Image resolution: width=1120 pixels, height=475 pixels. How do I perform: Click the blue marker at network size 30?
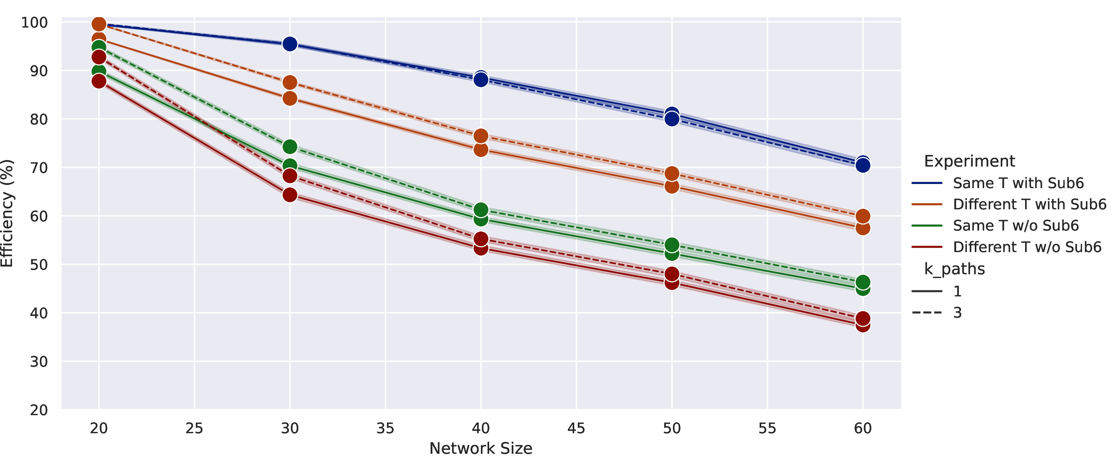tap(289, 44)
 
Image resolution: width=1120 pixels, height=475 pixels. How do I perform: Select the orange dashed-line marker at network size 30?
tap(289, 82)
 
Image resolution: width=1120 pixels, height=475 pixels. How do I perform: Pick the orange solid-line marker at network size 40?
tap(481, 150)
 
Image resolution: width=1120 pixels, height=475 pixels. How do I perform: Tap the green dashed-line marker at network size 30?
tap(289, 147)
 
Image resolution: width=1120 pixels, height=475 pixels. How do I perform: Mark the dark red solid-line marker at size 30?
tap(289, 194)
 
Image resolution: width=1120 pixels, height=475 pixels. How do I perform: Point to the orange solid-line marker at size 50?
tap(672, 186)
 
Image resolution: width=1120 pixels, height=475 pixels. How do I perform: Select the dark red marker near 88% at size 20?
tap(99, 81)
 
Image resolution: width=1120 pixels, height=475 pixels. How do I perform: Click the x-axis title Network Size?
tap(481, 448)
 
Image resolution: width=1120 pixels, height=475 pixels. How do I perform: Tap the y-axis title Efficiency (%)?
tap(7, 213)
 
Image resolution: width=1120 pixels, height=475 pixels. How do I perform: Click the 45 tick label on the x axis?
tap(576, 428)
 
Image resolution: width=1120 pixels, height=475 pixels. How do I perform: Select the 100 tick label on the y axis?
tap(34, 22)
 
